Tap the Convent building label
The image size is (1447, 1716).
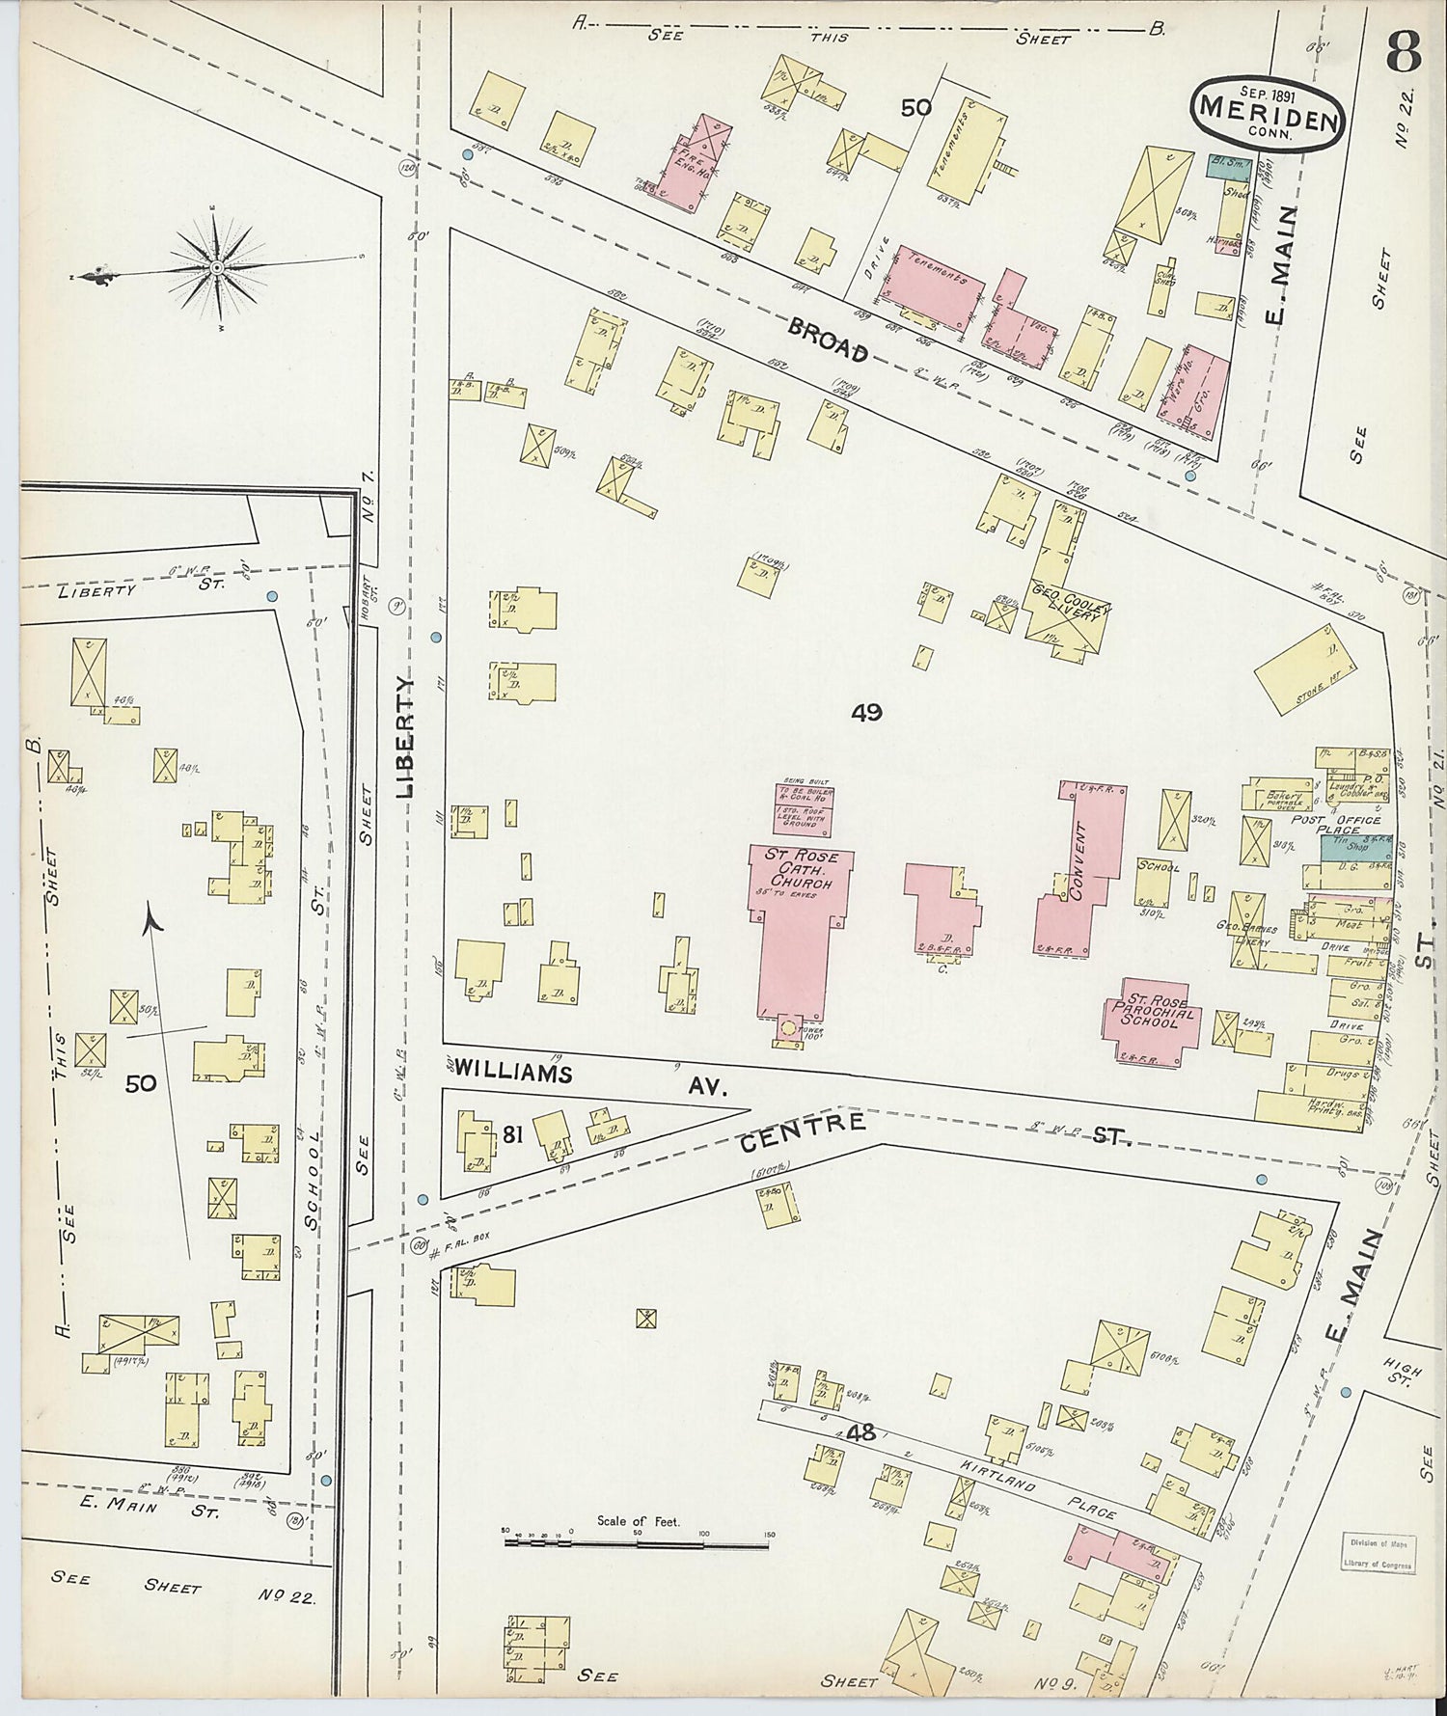click(x=1078, y=861)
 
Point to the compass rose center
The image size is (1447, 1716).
click(x=217, y=266)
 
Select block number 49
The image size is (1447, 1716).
click(x=866, y=712)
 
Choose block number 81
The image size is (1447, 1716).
click(x=512, y=1134)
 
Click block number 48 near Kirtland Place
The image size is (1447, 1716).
click(x=860, y=1433)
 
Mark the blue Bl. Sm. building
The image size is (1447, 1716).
click(x=1229, y=166)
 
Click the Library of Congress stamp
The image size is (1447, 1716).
click(x=1377, y=1554)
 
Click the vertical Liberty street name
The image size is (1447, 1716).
click(x=405, y=735)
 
